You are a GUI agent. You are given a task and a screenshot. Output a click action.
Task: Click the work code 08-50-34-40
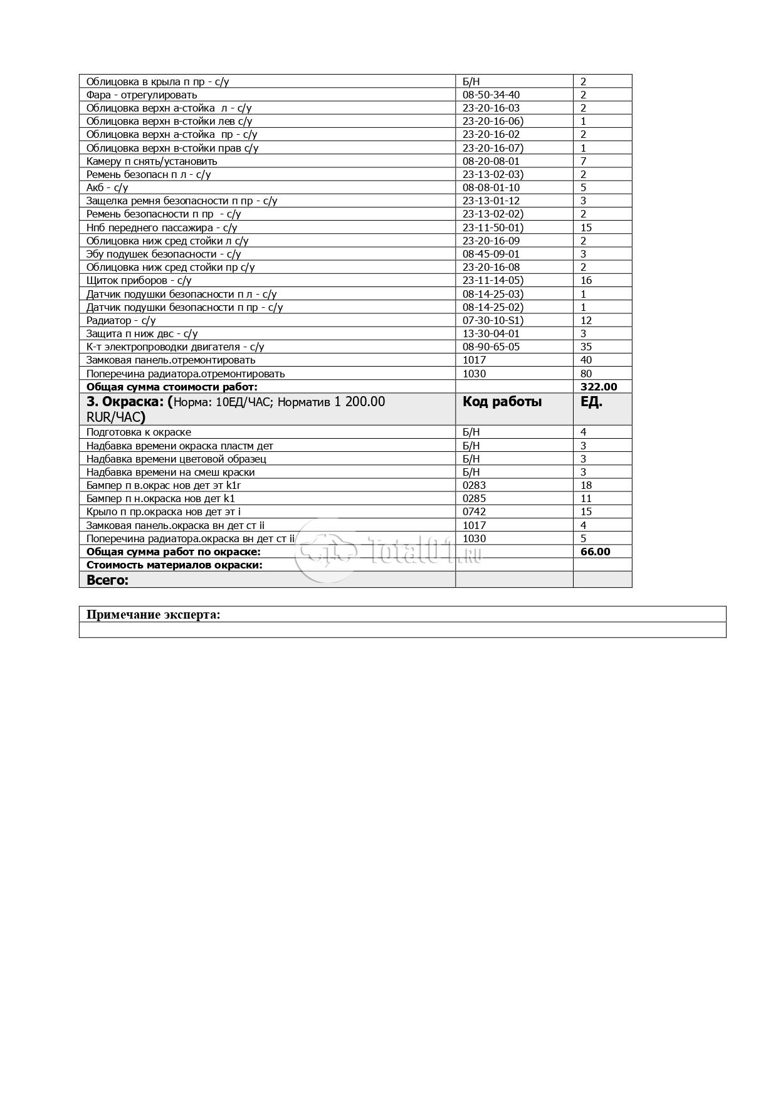[x=491, y=95]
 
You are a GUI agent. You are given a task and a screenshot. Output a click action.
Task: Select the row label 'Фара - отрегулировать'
[x=141, y=95]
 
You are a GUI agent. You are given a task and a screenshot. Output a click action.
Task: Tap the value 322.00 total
[x=599, y=387]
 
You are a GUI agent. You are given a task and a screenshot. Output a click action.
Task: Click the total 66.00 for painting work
[x=595, y=552]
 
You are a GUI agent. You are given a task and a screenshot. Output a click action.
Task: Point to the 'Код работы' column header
[x=502, y=402]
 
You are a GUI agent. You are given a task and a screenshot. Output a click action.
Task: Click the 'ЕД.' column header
[x=591, y=402]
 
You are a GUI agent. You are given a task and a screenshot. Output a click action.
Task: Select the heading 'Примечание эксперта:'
[x=153, y=614]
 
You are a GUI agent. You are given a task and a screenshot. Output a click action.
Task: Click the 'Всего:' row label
[x=107, y=580]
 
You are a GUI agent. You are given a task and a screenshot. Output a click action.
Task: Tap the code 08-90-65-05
[x=491, y=347]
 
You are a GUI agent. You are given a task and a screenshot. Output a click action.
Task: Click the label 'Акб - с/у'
[x=107, y=187]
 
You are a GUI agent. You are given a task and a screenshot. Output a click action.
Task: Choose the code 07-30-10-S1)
[x=493, y=320]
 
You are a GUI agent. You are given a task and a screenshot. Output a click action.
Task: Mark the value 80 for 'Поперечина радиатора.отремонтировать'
[x=586, y=374]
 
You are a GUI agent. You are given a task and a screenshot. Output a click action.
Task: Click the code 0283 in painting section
[x=474, y=485]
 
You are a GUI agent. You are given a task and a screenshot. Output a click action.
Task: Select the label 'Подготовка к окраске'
[x=139, y=432]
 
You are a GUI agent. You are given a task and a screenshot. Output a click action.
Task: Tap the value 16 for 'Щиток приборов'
[x=586, y=280]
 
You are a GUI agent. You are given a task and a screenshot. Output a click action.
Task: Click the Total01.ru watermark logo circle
[x=326, y=550]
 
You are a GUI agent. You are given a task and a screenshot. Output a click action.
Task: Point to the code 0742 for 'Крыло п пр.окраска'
[x=474, y=511]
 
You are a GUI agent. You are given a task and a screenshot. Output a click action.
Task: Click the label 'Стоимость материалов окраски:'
[x=174, y=565]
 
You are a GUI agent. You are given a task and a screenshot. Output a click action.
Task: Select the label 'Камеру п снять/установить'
[x=152, y=161]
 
